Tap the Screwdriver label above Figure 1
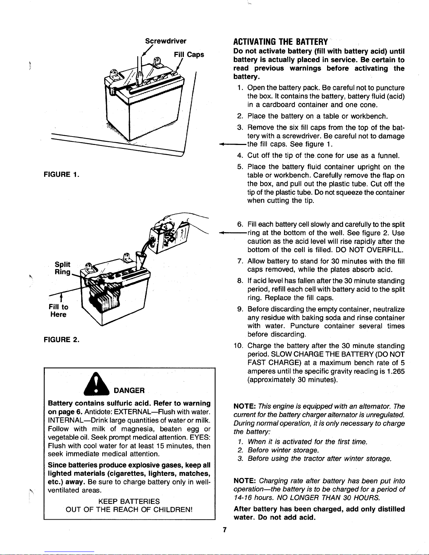point(166,41)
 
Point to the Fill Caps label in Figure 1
point(189,55)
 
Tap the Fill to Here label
point(58,311)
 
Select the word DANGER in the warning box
point(129,390)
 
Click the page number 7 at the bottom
point(225,530)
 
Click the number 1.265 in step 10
point(396,372)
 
